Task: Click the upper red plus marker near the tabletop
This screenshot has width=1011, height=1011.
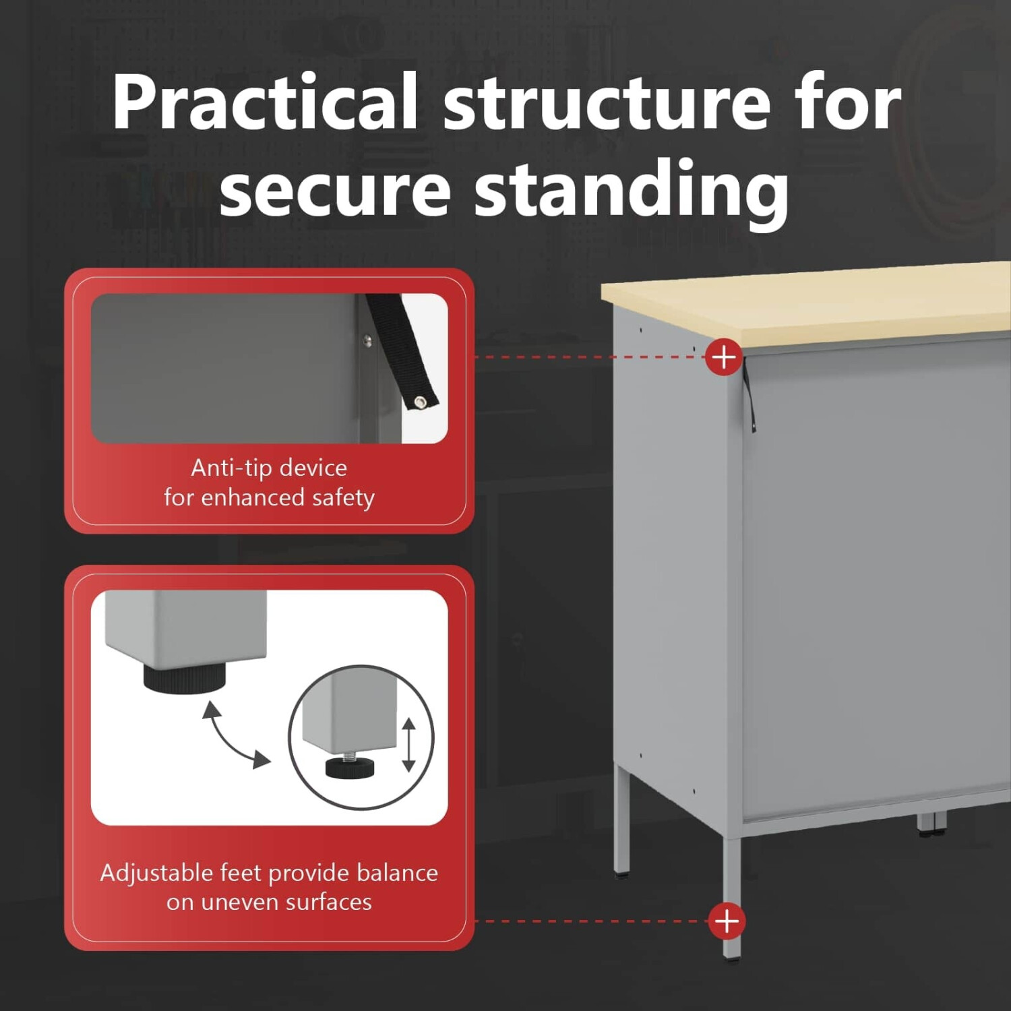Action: [724, 357]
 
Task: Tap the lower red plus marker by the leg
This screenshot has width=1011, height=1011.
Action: [727, 921]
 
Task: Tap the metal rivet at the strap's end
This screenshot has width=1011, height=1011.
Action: [421, 402]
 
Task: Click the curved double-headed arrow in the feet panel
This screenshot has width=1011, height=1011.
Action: [236, 735]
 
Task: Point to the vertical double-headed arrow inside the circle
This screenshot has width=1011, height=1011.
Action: [408, 745]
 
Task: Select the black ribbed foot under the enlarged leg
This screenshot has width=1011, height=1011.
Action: [184, 677]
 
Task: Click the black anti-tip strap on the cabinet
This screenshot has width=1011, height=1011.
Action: [749, 394]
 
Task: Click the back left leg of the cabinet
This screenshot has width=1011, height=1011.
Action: [622, 822]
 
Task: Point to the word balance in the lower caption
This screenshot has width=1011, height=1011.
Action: [397, 873]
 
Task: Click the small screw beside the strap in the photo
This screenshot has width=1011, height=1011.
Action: [367, 340]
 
